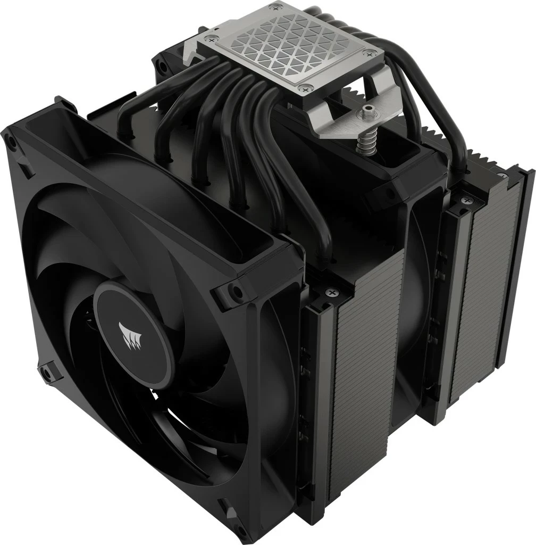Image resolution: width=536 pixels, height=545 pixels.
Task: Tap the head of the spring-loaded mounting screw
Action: click(x=366, y=113)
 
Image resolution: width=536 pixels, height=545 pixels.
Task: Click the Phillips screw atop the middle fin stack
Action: click(x=333, y=292)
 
